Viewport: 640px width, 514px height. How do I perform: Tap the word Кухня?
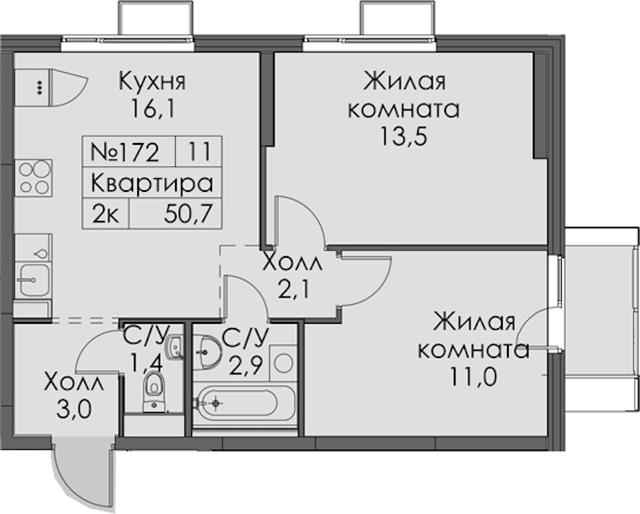(152, 81)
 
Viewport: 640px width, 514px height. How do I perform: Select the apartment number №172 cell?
(129, 152)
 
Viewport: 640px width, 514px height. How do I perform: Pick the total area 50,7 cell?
(176, 214)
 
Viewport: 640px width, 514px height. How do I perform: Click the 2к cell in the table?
(106, 214)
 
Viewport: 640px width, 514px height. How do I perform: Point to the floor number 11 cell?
(199, 152)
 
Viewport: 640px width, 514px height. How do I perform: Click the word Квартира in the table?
(152, 183)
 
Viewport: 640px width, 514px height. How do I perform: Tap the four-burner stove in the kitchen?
(33, 177)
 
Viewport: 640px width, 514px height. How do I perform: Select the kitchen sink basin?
(34, 280)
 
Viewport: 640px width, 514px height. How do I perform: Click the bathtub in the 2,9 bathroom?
(245, 403)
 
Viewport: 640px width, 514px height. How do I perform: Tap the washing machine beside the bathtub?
(283, 362)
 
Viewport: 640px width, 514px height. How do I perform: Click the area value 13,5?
(404, 136)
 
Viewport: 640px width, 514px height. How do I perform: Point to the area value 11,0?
(474, 378)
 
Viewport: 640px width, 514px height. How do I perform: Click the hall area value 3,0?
(74, 410)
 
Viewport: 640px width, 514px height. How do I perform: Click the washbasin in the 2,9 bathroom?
(208, 352)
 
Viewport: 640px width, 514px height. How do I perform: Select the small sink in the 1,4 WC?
(174, 347)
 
